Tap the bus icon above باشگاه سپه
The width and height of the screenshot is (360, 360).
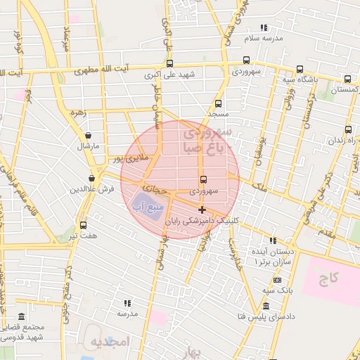coord(300,70)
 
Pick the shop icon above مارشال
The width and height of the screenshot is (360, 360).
coord(89,136)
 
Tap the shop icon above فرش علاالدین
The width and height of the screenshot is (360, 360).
coord(91,179)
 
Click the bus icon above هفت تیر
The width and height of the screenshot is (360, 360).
coord(84,225)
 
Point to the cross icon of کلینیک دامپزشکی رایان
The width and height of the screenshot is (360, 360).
coord(202,210)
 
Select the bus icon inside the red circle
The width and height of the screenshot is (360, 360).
coord(203,180)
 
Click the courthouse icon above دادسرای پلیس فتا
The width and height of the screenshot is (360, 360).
coord(265,305)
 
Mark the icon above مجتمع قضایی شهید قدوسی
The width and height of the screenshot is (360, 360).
coord(22,317)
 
